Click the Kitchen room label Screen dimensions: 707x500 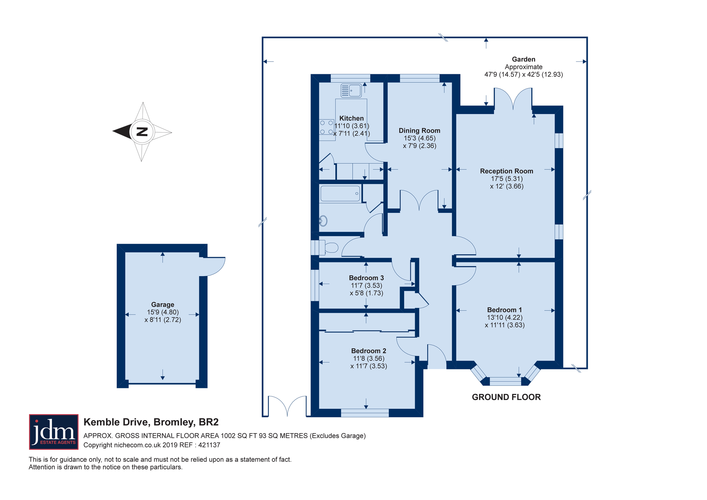pyautogui.click(x=351, y=118)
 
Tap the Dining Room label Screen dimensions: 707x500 pyautogui.click(x=420, y=131)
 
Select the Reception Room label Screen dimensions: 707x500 pyautogui.click(x=507, y=171)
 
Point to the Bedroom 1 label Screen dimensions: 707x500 pyautogui.click(x=504, y=310)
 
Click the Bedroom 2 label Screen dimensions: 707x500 pyautogui.click(x=369, y=351)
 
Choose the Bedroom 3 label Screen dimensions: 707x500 pyautogui.click(x=366, y=278)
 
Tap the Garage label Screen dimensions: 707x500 pyautogui.click(x=163, y=304)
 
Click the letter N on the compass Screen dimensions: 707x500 pyautogui.click(x=142, y=132)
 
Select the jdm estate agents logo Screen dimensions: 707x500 pyautogui.click(x=54, y=432)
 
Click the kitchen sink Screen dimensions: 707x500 pyautogui.click(x=351, y=91)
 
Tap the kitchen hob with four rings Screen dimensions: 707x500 pyautogui.click(x=327, y=127)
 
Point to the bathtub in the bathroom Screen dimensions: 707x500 pyautogui.click(x=340, y=194)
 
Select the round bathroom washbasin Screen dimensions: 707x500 pyautogui.click(x=323, y=221)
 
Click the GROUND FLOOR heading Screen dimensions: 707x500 pyautogui.click(x=506, y=397)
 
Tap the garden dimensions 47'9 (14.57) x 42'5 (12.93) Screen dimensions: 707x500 pyautogui.click(x=524, y=75)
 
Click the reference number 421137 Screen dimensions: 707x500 pyautogui.click(x=209, y=445)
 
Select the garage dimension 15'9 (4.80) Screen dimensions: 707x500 pyautogui.click(x=163, y=312)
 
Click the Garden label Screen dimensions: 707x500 pyautogui.click(x=524, y=59)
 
